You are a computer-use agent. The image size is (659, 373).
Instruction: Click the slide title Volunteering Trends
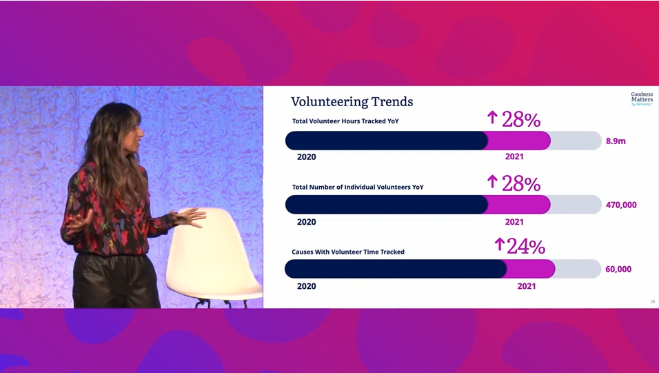click(x=352, y=102)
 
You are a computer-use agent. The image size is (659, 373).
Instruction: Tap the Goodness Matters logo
click(x=642, y=99)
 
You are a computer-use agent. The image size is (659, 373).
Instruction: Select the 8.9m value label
click(x=616, y=141)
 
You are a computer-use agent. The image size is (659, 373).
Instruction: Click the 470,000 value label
click(x=621, y=205)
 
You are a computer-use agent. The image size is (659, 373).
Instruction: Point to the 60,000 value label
click(x=618, y=269)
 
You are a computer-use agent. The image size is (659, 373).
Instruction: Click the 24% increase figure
click(x=526, y=246)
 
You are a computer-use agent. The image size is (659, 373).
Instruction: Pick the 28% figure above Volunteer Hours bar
click(x=521, y=120)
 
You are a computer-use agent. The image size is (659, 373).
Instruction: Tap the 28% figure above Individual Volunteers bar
click(x=521, y=184)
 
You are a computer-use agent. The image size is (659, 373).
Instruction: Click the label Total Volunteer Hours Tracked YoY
click(x=345, y=121)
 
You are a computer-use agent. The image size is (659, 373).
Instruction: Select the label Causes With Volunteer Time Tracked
click(x=348, y=252)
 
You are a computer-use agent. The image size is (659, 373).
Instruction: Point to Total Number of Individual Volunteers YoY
click(x=358, y=187)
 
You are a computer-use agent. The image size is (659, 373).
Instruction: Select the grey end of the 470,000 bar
click(x=576, y=205)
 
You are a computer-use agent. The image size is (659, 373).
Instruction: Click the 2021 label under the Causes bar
click(x=526, y=286)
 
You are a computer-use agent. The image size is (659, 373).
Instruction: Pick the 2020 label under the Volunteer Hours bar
click(x=306, y=157)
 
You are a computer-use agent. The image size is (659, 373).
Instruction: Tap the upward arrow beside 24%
click(x=499, y=244)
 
